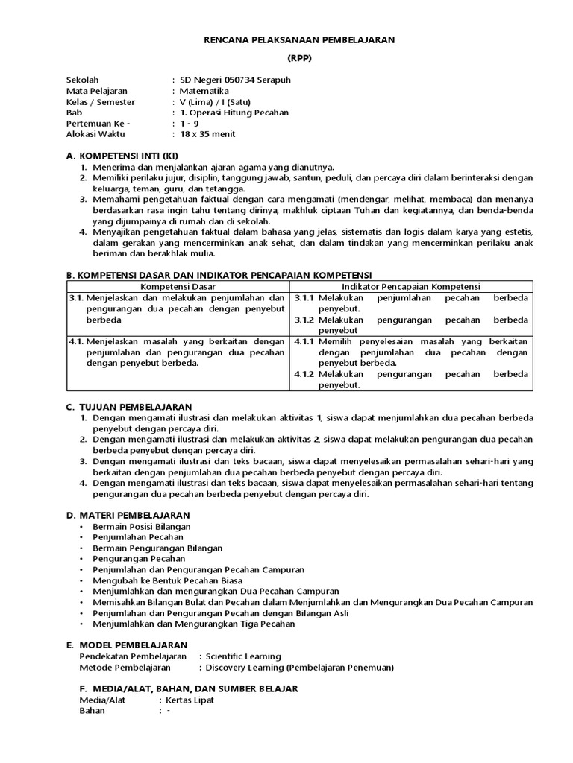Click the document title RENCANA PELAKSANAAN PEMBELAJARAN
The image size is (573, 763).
300,39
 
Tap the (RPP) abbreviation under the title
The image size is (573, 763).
300,58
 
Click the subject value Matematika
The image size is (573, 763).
204,91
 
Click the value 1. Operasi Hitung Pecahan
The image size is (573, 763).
234,113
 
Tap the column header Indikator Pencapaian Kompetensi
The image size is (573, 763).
411,286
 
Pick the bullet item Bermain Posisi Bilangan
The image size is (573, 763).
142,526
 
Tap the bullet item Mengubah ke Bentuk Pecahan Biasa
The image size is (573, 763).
167,580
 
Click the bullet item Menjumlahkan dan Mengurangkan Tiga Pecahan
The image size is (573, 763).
193,624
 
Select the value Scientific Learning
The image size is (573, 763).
244,656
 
